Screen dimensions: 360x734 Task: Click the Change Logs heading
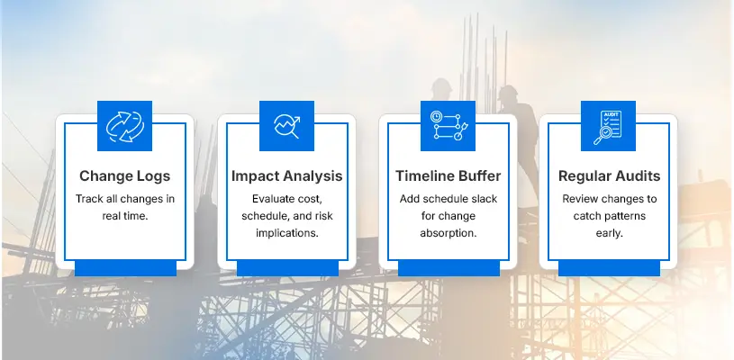(124, 175)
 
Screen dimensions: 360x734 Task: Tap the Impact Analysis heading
(285, 175)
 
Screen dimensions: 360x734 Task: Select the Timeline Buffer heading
(447, 175)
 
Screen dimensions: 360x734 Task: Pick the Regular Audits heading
(609, 175)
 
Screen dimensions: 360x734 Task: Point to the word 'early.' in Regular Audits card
(609, 234)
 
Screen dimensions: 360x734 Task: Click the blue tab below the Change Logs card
(124, 267)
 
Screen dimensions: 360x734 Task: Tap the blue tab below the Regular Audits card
(608, 267)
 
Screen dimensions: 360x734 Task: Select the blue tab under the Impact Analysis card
(286, 267)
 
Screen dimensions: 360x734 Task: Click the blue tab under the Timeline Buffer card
(448, 267)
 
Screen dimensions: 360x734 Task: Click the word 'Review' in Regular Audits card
(580, 198)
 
